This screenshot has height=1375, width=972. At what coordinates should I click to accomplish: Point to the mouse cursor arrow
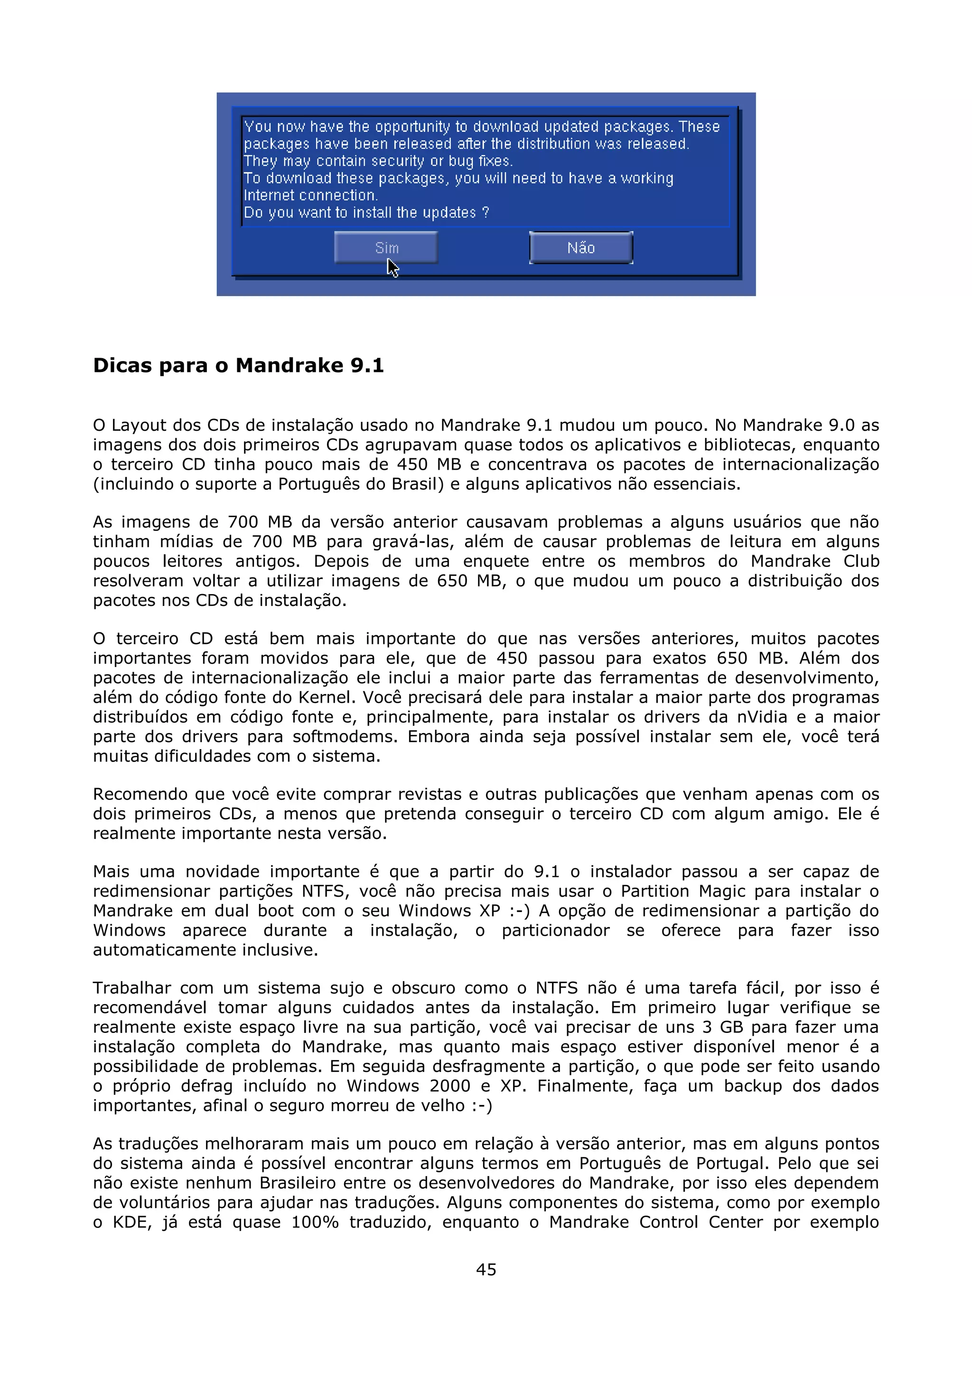392,267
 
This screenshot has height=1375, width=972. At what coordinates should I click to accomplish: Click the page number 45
486,1269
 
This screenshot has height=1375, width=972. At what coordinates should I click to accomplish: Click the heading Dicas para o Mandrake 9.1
238,365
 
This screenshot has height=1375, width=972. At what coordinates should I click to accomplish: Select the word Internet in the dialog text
269,195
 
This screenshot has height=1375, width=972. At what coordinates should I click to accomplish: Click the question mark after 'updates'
486,213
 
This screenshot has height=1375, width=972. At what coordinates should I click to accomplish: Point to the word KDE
131,1222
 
